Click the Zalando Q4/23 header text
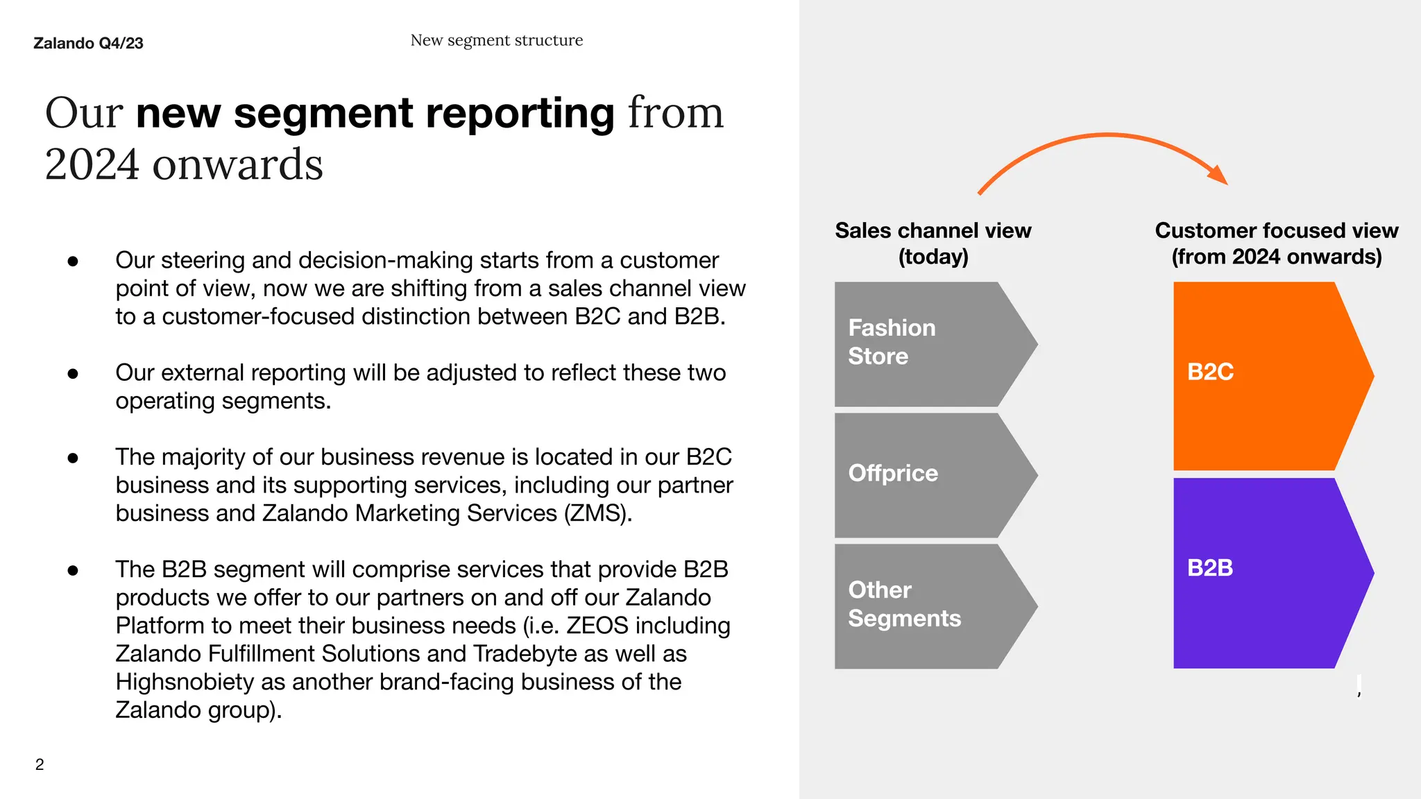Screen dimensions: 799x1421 [x=88, y=43]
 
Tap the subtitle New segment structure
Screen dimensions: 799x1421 [x=496, y=40]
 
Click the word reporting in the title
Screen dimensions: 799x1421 [x=520, y=113]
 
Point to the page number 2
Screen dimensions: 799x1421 [x=40, y=764]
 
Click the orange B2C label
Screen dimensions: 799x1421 [x=1210, y=372]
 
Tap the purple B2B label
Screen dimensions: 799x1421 [x=1210, y=568]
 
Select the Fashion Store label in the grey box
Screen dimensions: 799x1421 [x=892, y=342]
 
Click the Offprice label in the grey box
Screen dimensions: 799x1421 [x=893, y=473]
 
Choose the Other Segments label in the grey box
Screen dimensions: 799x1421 [x=904, y=604]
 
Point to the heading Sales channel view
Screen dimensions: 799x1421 [x=933, y=230]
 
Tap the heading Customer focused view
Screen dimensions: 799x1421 [x=1276, y=230]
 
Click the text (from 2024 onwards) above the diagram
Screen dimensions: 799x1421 [x=1276, y=257]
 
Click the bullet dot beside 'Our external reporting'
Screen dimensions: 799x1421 [x=73, y=374]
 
